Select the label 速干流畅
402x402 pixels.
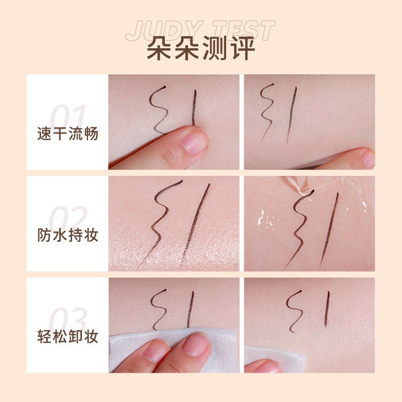point(68,134)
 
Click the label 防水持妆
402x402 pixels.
point(68,235)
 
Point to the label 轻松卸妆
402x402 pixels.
point(68,335)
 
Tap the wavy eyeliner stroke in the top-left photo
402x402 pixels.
point(160,108)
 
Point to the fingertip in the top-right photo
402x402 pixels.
point(359,160)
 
